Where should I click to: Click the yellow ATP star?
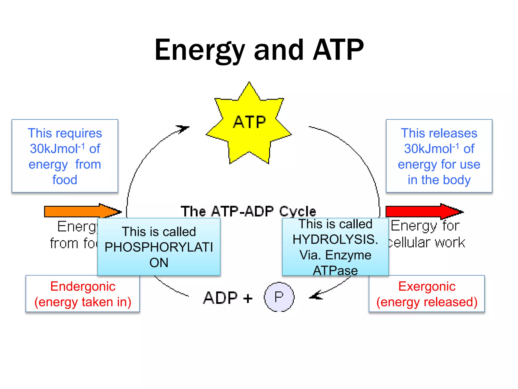coord(249,127)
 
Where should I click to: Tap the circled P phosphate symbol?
coord(279,297)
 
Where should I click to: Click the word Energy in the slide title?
coord(200,51)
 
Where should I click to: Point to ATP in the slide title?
coord(338,50)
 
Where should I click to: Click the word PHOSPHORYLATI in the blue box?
coord(159,247)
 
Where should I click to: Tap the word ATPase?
coord(335,270)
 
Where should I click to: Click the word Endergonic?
coord(83,286)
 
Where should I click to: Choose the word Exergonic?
coord(427,286)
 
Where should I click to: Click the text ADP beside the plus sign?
coord(220,298)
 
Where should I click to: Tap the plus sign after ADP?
coord(248,298)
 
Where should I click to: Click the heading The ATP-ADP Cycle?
coord(248,211)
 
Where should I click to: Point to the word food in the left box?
coord(65,180)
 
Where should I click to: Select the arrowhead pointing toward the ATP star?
coord(183,129)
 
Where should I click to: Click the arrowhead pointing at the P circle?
coord(315,296)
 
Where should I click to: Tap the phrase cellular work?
coord(427,243)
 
